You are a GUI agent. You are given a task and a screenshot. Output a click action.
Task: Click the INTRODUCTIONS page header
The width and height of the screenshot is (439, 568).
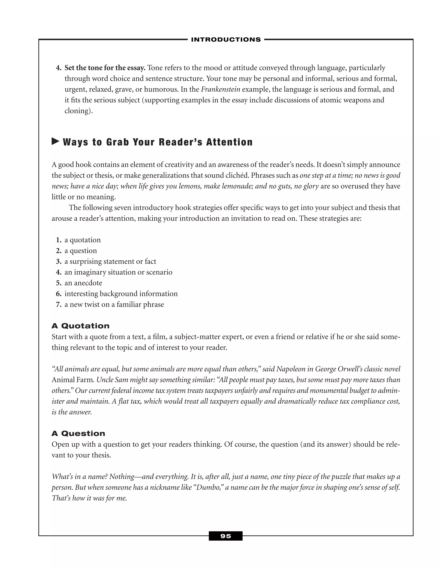226,39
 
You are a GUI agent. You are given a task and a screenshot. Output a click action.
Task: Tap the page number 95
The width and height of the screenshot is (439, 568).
226,536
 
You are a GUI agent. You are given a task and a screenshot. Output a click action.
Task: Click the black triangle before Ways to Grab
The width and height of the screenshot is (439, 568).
55,141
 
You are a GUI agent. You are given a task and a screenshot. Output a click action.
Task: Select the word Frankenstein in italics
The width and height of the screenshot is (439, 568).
221,89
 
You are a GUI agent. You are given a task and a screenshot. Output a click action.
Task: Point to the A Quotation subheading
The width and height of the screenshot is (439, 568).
80,326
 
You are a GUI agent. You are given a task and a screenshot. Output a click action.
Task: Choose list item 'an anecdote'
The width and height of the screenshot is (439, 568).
83,283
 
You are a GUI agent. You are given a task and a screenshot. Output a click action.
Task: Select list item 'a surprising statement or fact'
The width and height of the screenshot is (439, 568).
110,261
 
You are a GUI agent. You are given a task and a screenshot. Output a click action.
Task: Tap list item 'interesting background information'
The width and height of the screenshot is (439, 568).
121,294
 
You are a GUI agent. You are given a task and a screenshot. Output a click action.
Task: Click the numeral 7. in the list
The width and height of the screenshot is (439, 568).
59,304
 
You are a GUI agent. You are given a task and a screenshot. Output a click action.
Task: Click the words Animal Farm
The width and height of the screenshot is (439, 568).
73,380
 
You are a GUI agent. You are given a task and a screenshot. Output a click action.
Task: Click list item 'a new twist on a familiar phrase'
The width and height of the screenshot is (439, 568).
114,304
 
